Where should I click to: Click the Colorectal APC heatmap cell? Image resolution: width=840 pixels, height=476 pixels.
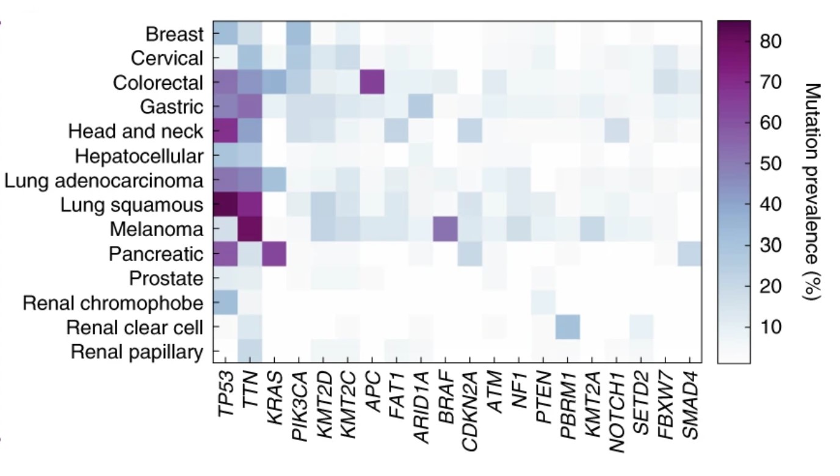[x=372, y=82]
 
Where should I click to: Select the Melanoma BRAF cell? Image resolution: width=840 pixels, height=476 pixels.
[x=445, y=229]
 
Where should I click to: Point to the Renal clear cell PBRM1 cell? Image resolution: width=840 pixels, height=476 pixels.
[x=567, y=327]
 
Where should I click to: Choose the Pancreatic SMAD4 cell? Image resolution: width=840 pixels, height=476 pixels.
[x=689, y=254]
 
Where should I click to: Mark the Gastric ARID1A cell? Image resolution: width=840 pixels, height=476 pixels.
[x=421, y=107]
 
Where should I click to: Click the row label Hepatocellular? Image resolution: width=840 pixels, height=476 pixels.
[x=139, y=156]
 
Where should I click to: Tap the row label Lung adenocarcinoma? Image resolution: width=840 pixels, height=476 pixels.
[x=104, y=181]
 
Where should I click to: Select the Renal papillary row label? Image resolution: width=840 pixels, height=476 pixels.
[x=137, y=352]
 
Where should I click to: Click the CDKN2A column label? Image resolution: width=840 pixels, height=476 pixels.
[x=469, y=408]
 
